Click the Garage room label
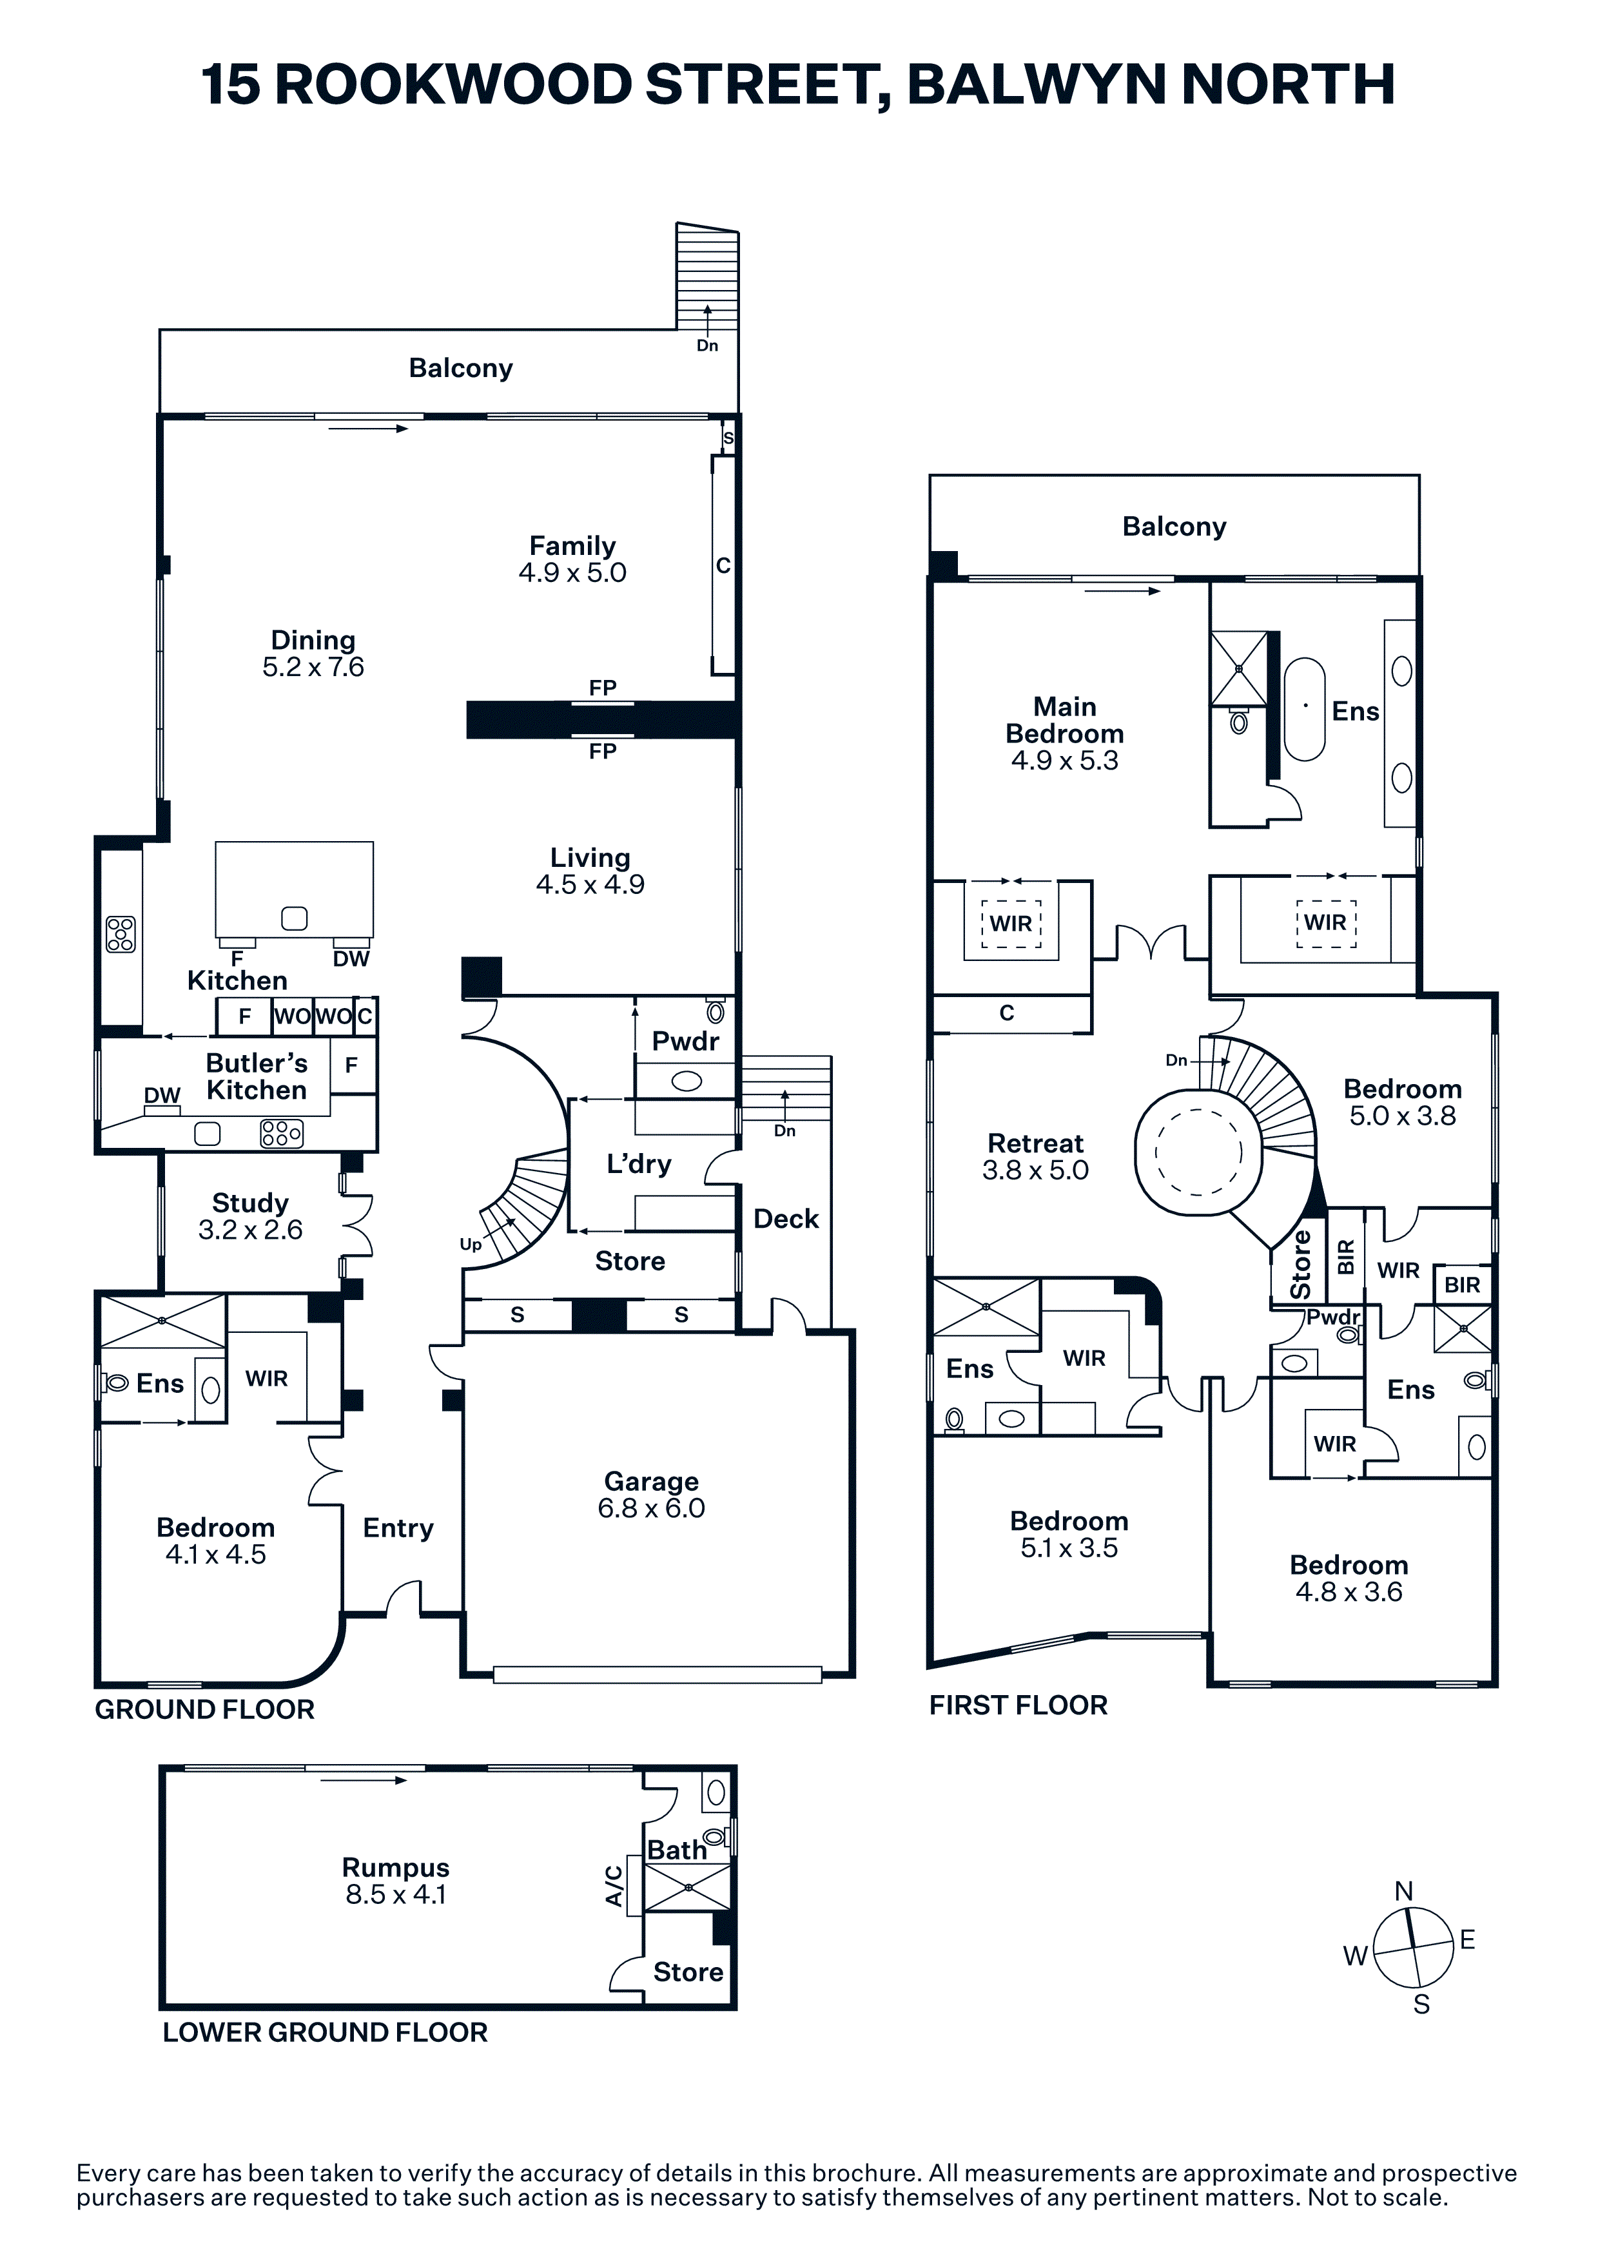tap(651, 1481)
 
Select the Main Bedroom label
tap(1064, 720)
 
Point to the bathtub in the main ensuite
tap(1305, 709)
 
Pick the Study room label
tap(250, 1203)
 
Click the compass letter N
tap(1404, 1891)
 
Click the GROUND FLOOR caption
tap(205, 1709)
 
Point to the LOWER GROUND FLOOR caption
tap(325, 2033)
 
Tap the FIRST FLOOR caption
tap(1018, 1705)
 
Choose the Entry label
tap(398, 1528)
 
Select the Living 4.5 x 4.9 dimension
tap(590, 884)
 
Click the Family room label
tap(572, 545)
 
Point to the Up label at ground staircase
tap(471, 1245)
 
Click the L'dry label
tap(639, 1164)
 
